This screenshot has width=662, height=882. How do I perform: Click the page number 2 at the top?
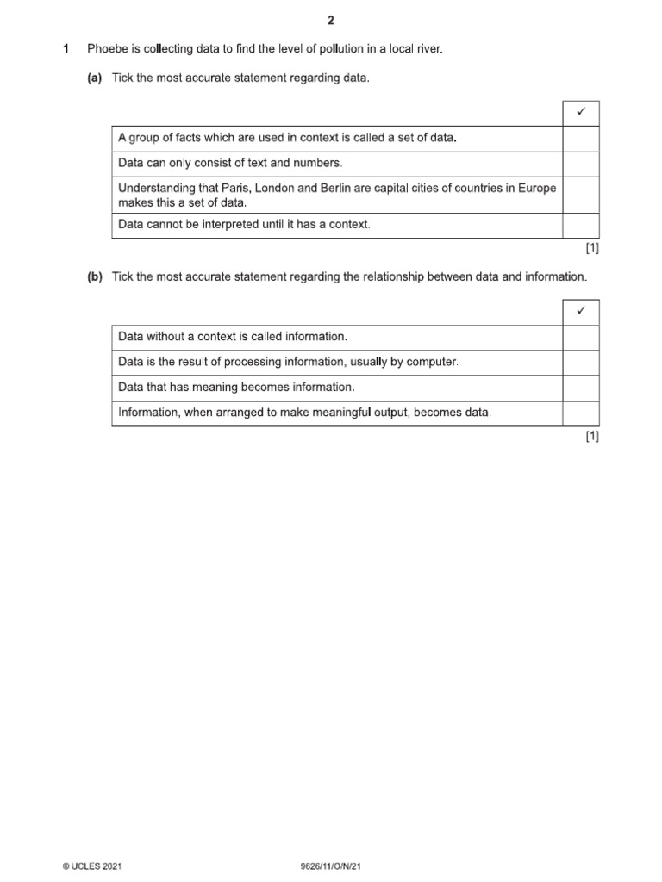(x=330, y=22)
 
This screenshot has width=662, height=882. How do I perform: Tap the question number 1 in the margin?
(x=66, y=50)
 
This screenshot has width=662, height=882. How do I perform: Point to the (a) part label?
(x=95, y=78)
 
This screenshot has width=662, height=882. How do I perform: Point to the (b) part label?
(x=95, y=277)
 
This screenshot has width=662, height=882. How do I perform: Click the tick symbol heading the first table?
(x=580, y=113)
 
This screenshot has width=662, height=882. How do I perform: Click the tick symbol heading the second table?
(x=580, y=312)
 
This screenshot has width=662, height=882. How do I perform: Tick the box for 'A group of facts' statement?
(x=580, y=139)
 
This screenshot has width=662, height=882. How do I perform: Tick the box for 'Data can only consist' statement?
(x=580, y=164)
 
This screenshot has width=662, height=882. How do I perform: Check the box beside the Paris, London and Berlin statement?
(x=580, y=195)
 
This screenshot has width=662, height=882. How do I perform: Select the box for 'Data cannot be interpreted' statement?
(x=580, y=225)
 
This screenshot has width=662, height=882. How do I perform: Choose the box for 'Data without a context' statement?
(x=580, y=338)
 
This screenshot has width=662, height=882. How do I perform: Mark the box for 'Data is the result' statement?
(x=580, y=363)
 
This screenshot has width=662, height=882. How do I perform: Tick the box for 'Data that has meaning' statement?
(x=580, y=388)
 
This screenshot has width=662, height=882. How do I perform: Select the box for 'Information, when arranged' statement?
(x=580, y=413)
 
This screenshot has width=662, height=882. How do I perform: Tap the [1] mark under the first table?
(x=591, y=248)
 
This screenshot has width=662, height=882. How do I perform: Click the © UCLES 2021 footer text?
(x=92, y=866)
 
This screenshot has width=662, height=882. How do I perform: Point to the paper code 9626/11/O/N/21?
(x=331, y=866)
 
